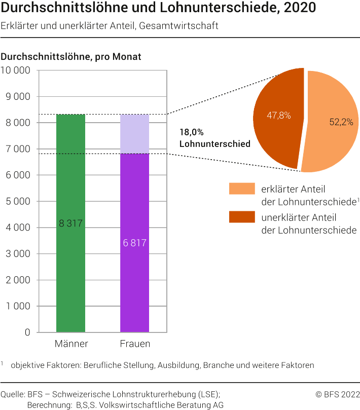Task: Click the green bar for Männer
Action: click(x=70, y=274)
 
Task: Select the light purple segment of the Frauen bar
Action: click(x=134, y=134)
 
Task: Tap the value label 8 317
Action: click(x=70, y=223)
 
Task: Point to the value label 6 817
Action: click(x=134, y=243)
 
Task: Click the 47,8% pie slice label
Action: click(x=278, y=115)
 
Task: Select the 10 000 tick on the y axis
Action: click(x=16, y=70)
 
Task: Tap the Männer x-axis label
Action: click(x=71, y=344)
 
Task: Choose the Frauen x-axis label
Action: click(x=135, y=344)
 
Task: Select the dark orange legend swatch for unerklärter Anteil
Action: click(x=241, y=217)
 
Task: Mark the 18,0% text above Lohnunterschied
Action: click(x=192, y=132)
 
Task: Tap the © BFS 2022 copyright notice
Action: click(x=337, y=394)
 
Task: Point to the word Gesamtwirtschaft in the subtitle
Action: click(x=181, y=26)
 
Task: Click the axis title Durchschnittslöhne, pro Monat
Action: click(x=71, y=57)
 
